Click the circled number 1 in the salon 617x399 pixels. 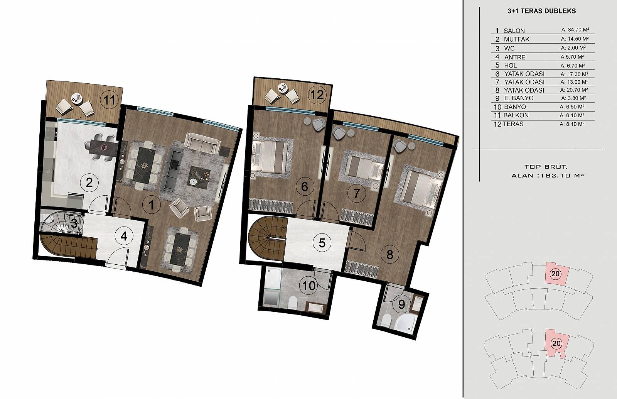151,205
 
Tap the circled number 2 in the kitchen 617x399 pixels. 89,183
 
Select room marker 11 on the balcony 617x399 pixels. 110,100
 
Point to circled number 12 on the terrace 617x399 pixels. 317,95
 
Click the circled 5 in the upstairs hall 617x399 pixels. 322,243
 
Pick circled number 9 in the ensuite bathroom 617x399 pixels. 401,304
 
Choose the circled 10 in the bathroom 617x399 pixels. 309,286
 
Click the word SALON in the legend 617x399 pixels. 514,31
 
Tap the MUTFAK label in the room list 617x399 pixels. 516,39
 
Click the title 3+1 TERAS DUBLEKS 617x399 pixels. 541,11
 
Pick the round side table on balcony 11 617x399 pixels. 76,98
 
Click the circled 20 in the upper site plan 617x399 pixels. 555,274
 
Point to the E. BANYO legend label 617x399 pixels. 519,98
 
